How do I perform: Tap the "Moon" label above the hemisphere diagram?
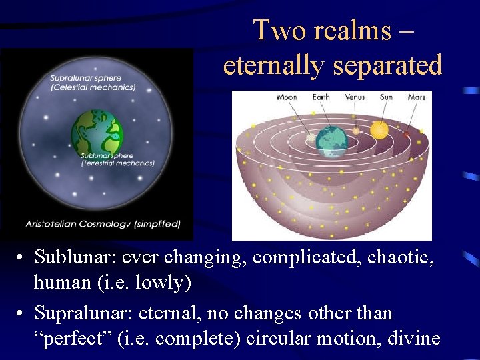[287, 97]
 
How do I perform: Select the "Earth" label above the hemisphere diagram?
[321, 97]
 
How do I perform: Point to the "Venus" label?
[355, 97]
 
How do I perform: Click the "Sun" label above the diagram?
[386, 97]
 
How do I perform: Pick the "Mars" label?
[417, 97]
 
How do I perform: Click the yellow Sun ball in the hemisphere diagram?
[379, 129]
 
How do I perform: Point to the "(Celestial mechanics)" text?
[93, 87]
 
